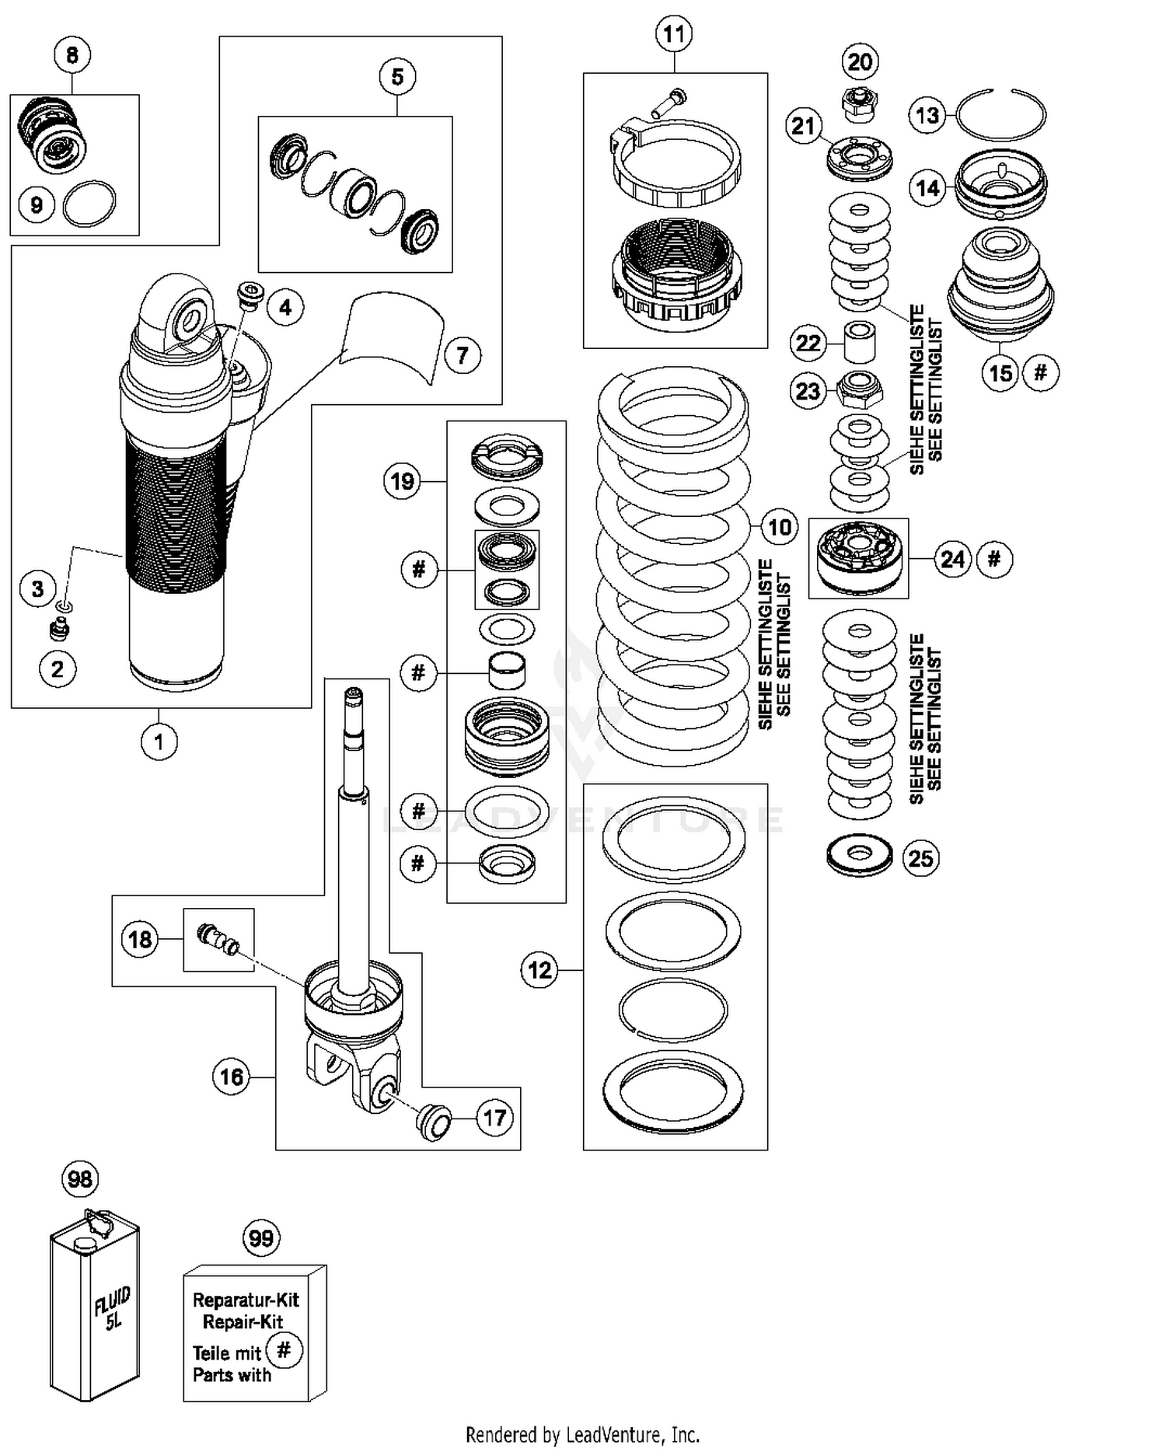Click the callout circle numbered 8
[72, 55]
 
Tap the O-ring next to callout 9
[89, 204]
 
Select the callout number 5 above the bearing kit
[397, 77]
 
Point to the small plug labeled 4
[250, 295]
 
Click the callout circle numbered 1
[159, 742]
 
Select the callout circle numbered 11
[674, 34]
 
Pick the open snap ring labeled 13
[1001, 115]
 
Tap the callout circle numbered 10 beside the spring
[779, 528]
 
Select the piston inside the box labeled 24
[859, 556]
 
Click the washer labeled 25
[859, 855]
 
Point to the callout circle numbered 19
[402, 481]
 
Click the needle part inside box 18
[219, 939]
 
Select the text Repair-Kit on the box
[243, 1321]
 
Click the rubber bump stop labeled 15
[1000, 288]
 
